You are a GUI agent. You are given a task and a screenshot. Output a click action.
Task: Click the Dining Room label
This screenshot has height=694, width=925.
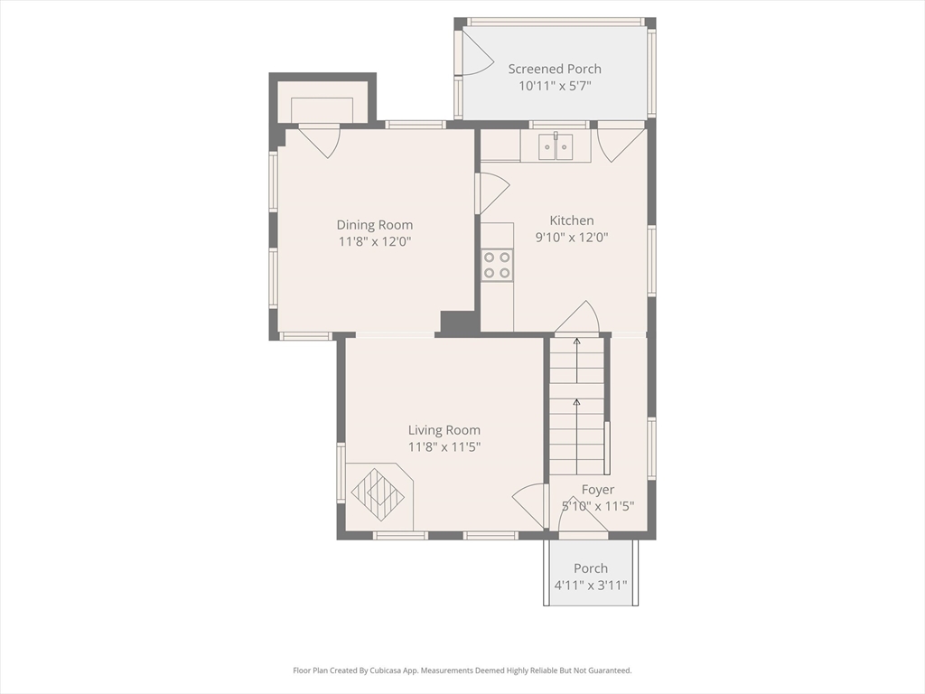(x=375, y=225)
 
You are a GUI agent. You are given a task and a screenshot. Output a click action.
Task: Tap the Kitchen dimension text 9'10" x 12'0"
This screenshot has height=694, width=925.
(x=572, y=238)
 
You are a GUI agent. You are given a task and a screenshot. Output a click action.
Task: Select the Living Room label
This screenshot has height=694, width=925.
(x=444, y=430)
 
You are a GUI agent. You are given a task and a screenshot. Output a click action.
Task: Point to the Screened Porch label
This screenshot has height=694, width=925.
(x=556, y=69)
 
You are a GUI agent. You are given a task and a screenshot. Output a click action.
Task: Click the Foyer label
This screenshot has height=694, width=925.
(x=598, y=490)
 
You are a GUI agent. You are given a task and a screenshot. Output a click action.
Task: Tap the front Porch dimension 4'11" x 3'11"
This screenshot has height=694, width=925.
(x=591, y=586)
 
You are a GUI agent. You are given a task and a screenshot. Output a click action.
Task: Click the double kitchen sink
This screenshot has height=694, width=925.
(x=556, y=147)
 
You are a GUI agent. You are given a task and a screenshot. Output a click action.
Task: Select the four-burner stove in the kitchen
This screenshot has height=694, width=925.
(x=497, y=265)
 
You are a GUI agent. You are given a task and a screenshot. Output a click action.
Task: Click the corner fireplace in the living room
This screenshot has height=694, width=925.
(x=378, y=494)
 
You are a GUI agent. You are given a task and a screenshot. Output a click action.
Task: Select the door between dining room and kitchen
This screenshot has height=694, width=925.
(x=493, y=193)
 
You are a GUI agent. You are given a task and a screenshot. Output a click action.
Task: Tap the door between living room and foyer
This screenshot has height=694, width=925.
(x=528, y=505)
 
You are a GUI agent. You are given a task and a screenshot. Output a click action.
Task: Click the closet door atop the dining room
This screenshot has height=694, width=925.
(x=320, y=142)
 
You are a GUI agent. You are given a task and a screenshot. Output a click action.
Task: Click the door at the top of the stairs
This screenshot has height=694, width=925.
(x=577, y=317)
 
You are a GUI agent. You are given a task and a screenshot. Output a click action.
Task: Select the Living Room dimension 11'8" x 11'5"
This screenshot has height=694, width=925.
(x=444, y=446)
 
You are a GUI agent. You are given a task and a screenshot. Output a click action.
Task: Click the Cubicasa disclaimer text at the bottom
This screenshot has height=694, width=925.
(x=462, y=671)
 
